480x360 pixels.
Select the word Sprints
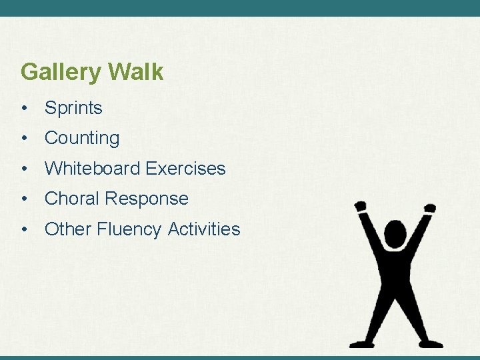pos(73,108)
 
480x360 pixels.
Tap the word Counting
pos(82,139)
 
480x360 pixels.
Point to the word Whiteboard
pos(92,169)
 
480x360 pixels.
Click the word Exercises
pos(185,169)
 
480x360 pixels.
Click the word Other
pos(67,229)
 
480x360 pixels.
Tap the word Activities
pos(204,229)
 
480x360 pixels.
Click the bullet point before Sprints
pos(24,109)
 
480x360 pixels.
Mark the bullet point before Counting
pos(24,139)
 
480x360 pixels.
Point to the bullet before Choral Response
pos(24,199)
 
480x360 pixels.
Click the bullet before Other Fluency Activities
pos(24,229)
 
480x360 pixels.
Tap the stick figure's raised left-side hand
pos(361,207)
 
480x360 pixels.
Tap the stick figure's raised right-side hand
pos(430,208)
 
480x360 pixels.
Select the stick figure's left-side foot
pos(360,343)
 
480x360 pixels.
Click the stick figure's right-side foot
pos(432,343)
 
